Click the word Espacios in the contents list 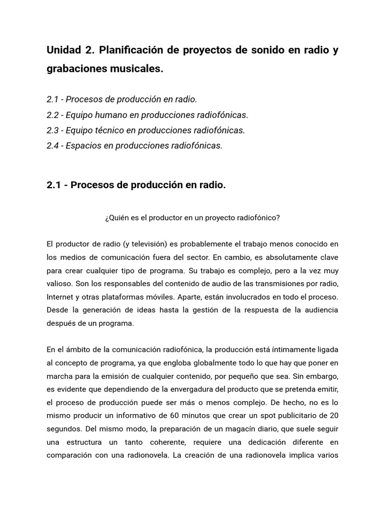pos(83,146)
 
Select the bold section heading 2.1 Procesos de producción pos(136,185)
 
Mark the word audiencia pos(319,310)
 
